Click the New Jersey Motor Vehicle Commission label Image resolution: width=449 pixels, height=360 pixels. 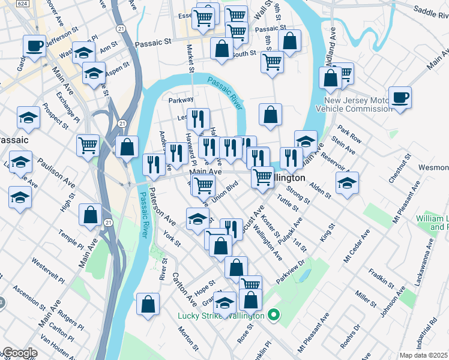click(x=358, y=104)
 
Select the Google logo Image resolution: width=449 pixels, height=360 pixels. click(x=19, y=353)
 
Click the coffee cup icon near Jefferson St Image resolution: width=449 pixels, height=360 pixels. click(x=34, y=45)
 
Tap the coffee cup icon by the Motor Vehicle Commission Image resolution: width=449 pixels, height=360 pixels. click(x=400, y=97)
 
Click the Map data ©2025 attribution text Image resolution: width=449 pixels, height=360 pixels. click(x=423, y=355)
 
